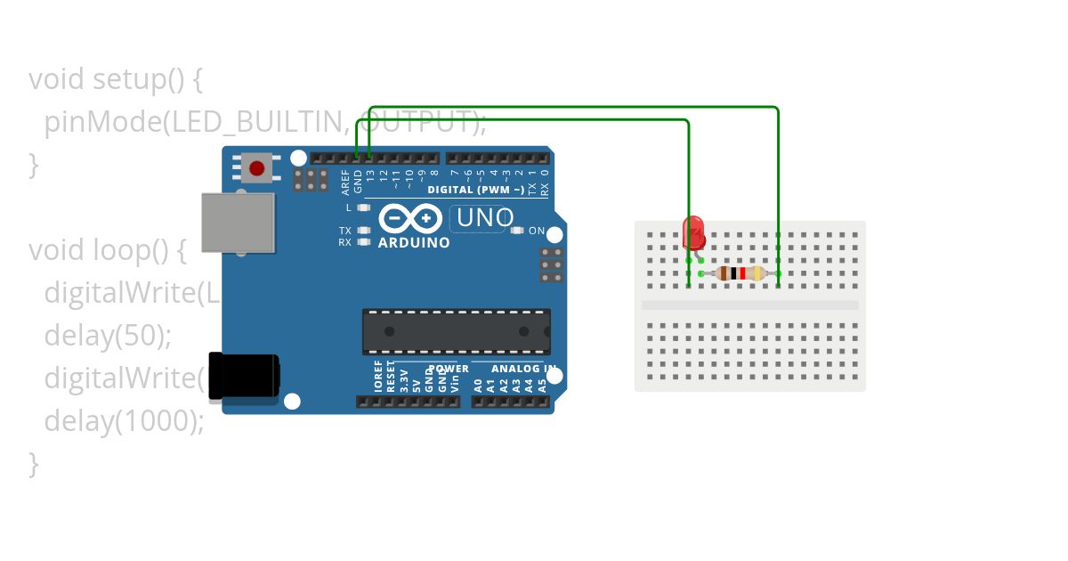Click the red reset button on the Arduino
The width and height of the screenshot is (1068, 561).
click(257, 167)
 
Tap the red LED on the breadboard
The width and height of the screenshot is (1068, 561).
click(694, 232)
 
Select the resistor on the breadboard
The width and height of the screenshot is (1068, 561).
click(740, 273)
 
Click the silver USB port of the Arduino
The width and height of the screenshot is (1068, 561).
click(238, 223)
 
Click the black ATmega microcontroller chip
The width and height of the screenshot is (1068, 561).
click(456, 330)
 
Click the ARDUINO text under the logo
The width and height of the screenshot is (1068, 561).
click(414, 242)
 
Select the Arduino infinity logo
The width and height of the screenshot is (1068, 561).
click(410, 218)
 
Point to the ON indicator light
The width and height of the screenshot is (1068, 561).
click(517, 231)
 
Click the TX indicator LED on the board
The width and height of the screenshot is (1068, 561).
click(363, 231)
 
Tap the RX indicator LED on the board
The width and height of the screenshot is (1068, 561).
click(363, 241)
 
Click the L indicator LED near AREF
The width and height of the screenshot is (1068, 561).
click(363, 207)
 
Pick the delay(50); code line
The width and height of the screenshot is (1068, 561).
click(107, 335)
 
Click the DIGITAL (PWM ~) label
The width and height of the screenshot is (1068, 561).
click(475, 190)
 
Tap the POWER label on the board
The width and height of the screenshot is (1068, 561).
click(449, 369)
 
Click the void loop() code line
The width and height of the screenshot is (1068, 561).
click(107, 250)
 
